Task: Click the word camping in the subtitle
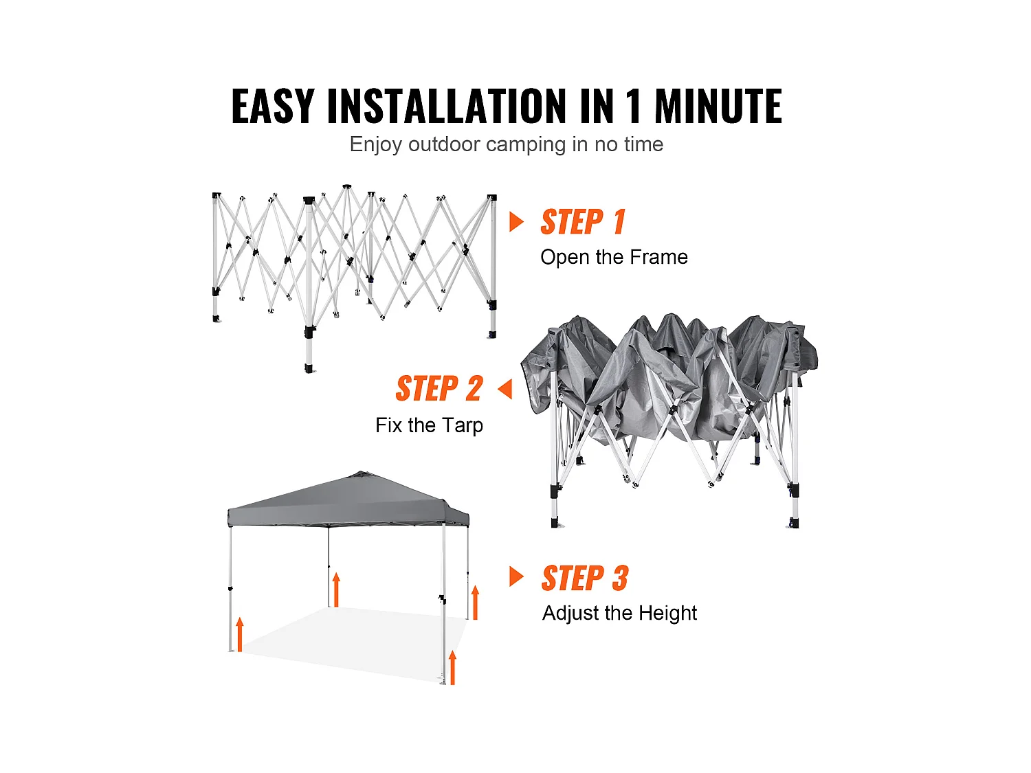pos(526,145)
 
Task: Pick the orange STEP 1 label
pos(583,221)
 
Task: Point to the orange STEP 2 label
pos(439,389)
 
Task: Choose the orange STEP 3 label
pos(585,578)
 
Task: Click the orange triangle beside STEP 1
pos(516,222)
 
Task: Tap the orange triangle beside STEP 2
pos(505,389)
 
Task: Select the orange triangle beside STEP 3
pos(516,576)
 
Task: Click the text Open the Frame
pos(614,257)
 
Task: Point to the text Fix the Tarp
pos(430,426)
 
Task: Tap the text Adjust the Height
pos(619,613)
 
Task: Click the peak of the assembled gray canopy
pos(359,472)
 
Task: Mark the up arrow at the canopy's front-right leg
pos(452,667)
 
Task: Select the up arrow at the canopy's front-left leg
pos(240,634)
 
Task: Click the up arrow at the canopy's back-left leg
pos(336,590)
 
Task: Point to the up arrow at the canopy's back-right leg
pos(476,603)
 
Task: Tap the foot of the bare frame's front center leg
pos(309,369)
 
